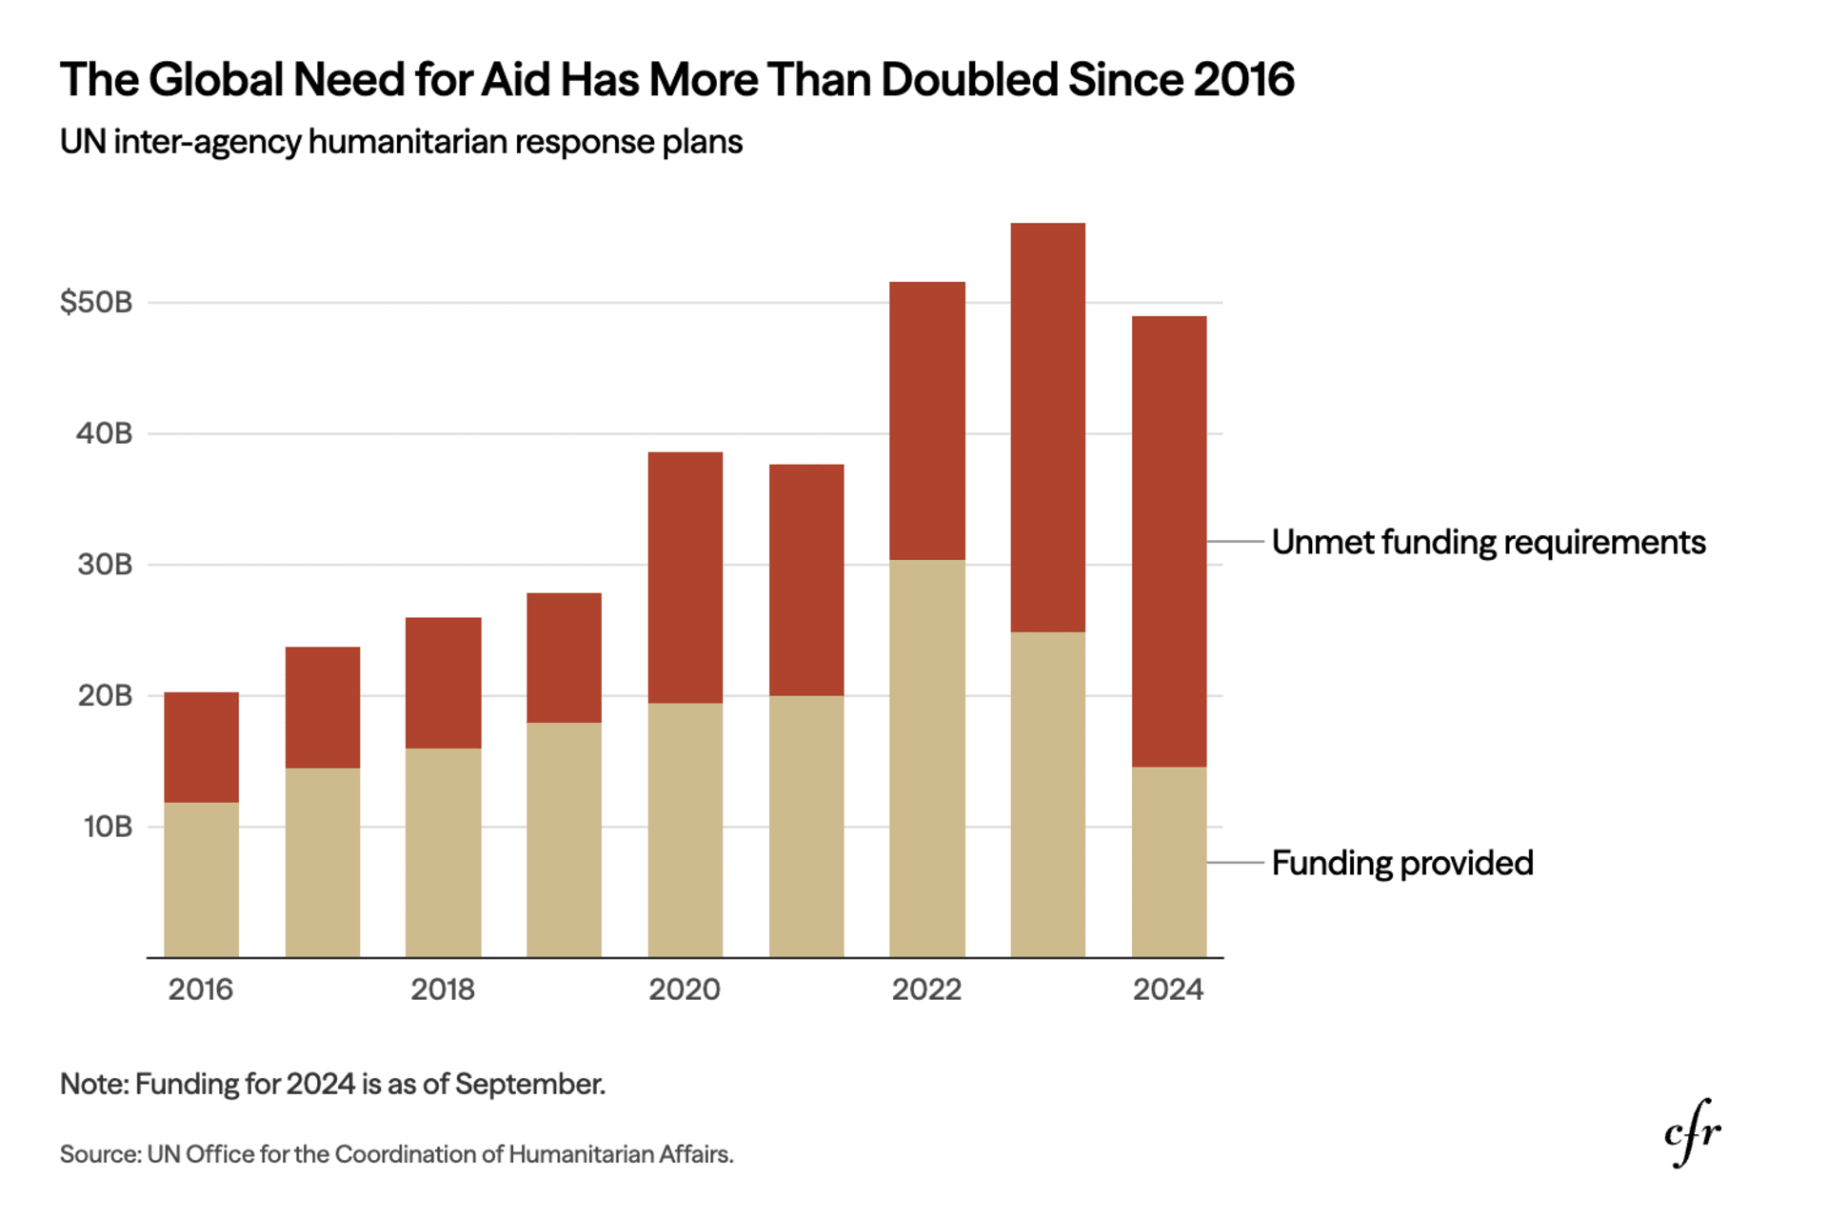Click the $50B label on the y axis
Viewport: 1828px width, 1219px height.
(x=96, y=302)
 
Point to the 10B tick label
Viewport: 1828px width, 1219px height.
(x=108, y=826)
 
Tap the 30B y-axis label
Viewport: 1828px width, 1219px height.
(x=105, y=564)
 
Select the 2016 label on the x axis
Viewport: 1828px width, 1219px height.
(x=200, y=989)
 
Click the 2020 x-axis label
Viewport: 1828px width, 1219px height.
(x=685, y=989)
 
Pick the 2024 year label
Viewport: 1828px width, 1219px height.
(x=1168, y=989)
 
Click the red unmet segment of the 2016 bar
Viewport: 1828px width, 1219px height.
(x=201, y=748)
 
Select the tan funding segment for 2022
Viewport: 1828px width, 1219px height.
(x=926, y=758)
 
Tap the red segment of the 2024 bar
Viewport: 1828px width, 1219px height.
(x=1168, y=541)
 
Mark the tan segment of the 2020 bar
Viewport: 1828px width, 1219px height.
(x=685, y=830)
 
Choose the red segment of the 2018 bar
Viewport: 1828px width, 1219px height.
(x=443, y=683)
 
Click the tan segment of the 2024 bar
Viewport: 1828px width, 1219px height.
(x=1168, y=862)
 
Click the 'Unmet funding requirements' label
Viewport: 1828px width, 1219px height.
(x=1488, y=542)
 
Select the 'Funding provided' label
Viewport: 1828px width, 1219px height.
(x=1402, y=863)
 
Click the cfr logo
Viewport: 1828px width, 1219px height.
(x=1693, y=1131)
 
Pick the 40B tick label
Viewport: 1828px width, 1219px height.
(x=105, y=433)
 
